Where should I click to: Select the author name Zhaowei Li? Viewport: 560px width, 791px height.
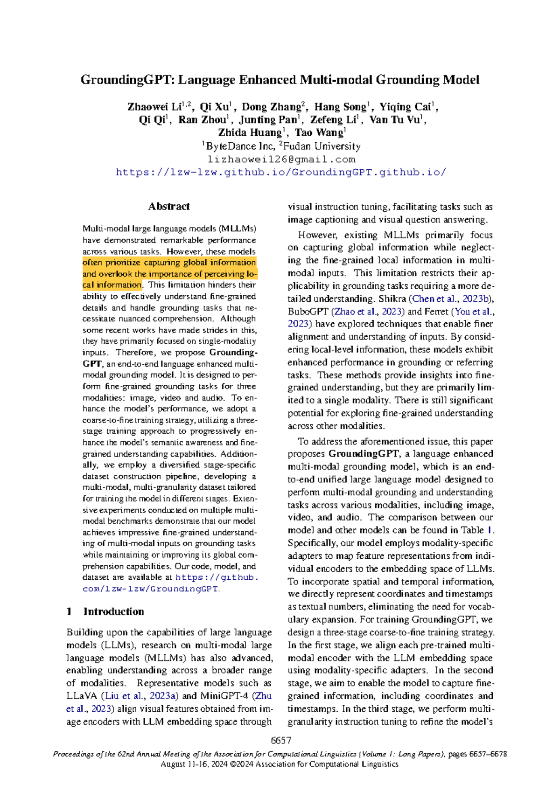coord(154,107)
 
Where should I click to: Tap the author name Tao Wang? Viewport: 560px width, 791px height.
coord(319,132)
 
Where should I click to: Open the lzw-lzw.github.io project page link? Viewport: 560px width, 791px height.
coord(281,172)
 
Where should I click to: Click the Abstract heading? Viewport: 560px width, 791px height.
coord(169,206)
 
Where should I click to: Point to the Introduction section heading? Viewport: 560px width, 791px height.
coord(113,611)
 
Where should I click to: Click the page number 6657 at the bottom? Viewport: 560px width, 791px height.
coord(281,741)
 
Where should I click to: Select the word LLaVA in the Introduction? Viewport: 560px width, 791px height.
coord(82,696)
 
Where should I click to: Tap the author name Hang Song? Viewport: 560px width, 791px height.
coord(340,107)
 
